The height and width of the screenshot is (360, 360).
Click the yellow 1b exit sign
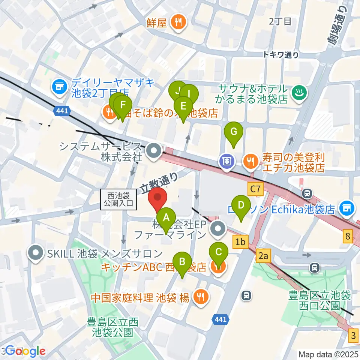[240, 242]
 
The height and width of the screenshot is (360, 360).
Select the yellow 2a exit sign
[264, 256]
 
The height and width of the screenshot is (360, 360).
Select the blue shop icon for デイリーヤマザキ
[59, 87]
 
